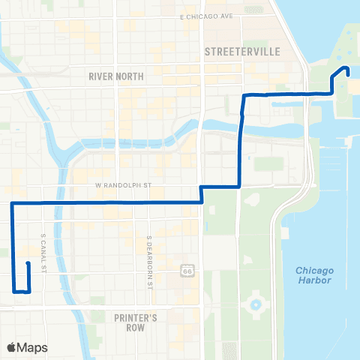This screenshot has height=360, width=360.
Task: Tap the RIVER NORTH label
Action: tap(115, 76)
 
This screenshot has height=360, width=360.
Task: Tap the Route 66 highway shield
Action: tap(185, 268)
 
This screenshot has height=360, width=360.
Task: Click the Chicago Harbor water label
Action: tap(314, 275)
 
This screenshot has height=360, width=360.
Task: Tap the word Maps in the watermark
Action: tap(33, 347)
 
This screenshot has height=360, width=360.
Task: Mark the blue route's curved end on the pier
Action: tap(346, 70)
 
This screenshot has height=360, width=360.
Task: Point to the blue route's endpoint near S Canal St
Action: tap(27, 263)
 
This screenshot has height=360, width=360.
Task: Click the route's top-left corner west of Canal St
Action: tap(13, 203)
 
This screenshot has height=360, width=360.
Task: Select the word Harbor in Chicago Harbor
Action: tap(314, 280)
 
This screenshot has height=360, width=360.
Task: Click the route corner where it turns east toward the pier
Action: tap(243, 95)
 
